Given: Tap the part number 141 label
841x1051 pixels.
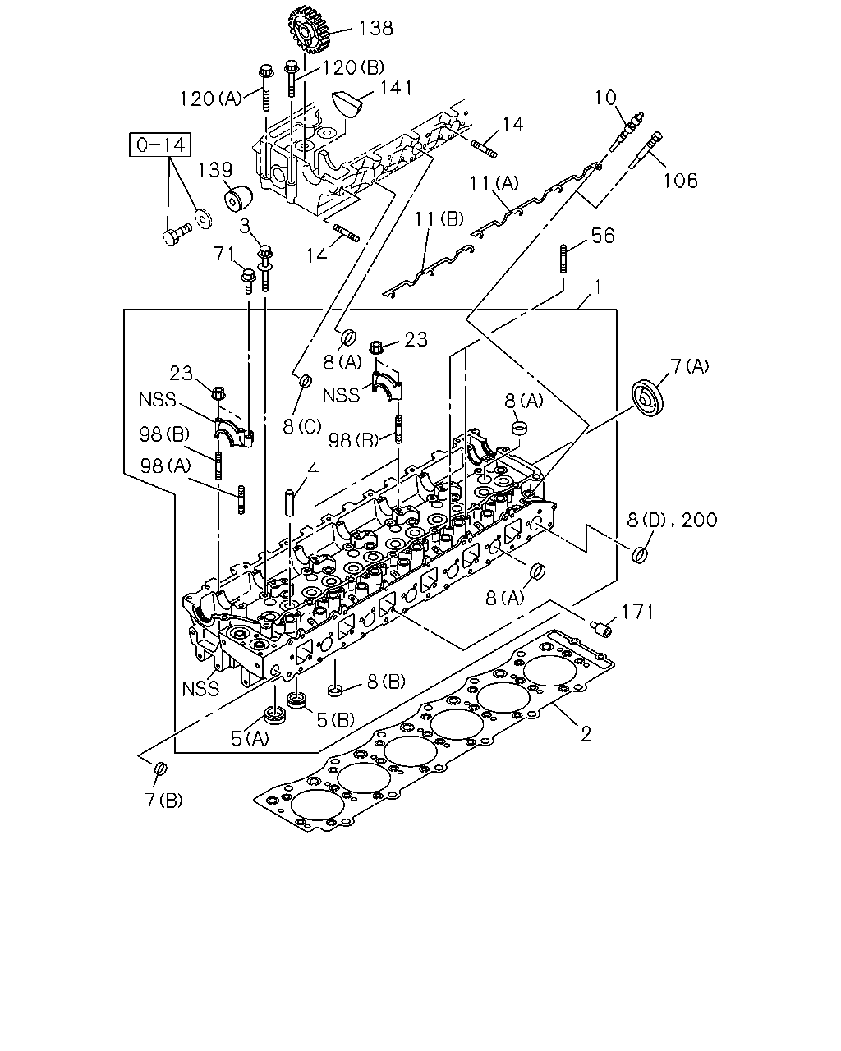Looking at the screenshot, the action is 397,88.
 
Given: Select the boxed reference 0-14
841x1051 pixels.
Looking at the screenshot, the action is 160,145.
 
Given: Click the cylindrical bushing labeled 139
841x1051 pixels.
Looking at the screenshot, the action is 238,198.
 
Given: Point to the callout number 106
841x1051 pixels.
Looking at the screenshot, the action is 680,181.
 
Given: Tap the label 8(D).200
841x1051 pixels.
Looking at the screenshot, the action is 672,520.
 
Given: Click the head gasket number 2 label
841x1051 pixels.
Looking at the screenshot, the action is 586,733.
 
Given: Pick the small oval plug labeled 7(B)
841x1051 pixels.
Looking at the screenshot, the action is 161,769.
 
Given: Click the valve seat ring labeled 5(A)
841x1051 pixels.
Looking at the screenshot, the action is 274,715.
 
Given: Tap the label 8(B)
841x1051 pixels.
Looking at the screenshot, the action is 386,682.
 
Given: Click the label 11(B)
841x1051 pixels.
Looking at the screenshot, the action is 439,219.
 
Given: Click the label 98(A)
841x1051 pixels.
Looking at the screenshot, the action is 165,466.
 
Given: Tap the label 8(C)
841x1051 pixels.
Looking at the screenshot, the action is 302,426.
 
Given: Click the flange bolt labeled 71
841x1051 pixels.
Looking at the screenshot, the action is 248,281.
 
